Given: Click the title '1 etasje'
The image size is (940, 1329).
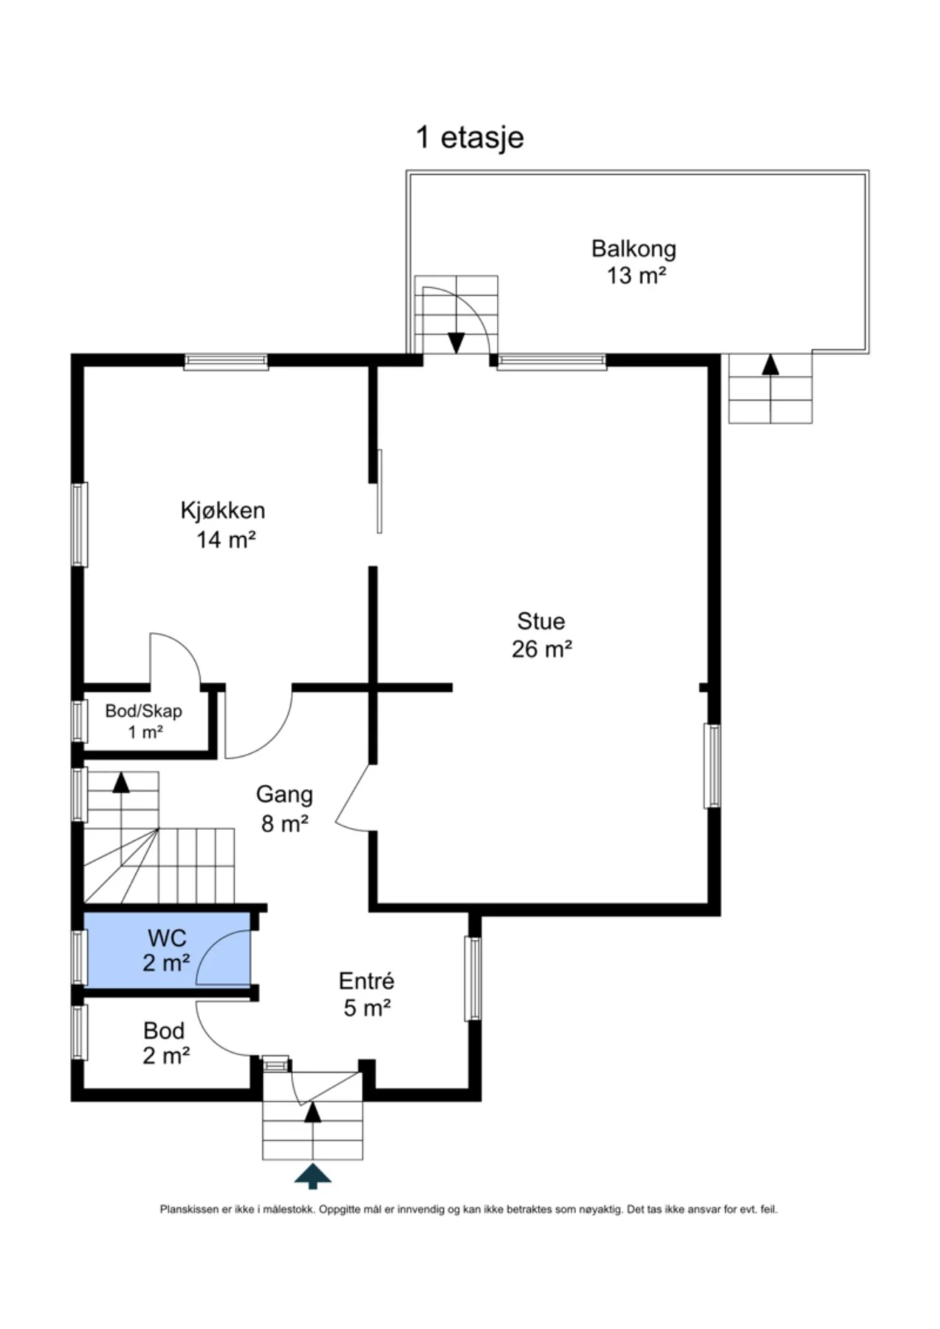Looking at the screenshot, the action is pos(470,137).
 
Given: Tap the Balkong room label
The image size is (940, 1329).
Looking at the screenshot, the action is pos(634,249).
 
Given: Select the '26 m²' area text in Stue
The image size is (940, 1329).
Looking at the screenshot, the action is pos(542,649).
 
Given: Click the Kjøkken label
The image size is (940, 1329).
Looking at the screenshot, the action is pos(223,510).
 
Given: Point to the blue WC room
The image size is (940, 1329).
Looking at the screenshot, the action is pos(167,949).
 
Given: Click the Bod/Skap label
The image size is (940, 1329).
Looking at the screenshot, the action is pos(143,711).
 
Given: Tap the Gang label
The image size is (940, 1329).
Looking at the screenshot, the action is pos(284,795).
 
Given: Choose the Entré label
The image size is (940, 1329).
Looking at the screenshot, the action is pos(366,981).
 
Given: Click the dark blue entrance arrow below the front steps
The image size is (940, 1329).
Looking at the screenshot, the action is pos(313,1175).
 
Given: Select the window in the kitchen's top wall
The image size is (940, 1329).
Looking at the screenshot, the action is pos(226,361).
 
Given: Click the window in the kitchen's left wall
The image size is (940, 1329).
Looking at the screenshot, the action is pos(79,525).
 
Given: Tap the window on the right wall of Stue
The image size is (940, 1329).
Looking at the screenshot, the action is pos(712,766).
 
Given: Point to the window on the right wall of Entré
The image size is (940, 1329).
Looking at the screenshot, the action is pos(473,979).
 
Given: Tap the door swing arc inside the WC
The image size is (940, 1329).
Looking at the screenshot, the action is pos(214,944).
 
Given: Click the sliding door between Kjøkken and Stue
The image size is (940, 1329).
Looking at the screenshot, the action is pos(380,491).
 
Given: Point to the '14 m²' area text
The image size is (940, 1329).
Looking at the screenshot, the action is pos(225,539).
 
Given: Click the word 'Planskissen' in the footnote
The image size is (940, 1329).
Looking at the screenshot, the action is pos(188,1209).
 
